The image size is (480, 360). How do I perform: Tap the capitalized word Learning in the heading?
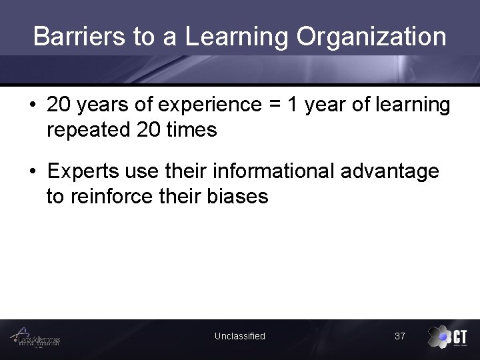click(237, 37)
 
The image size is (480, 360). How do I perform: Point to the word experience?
click(205, 105)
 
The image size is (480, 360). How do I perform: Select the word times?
click(191, 129)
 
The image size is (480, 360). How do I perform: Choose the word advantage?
click(390, 171)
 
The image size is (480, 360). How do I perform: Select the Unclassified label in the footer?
click(239, 336)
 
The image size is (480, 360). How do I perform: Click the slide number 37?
click(399, 336)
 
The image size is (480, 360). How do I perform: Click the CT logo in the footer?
click(448, 337)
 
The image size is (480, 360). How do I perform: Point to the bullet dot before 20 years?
click(33, 105)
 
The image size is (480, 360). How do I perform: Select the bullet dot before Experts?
click(33, 172)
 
